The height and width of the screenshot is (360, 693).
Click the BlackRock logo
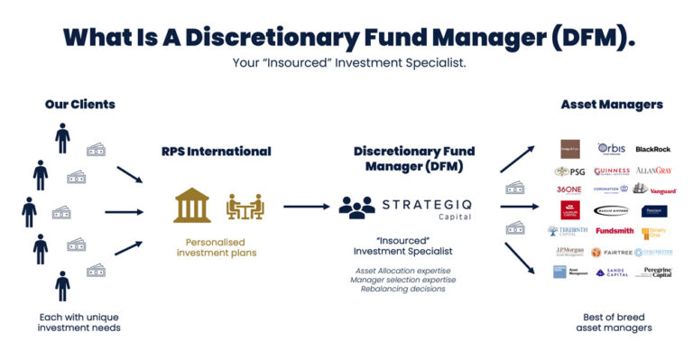[653, 149]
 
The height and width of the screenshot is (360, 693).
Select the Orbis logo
[612, 148]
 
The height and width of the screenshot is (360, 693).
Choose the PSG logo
[569, 171]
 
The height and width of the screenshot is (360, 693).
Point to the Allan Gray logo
[654, 170]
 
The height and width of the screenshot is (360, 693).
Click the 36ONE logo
[569, 189]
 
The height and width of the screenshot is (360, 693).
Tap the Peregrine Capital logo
[656, 272]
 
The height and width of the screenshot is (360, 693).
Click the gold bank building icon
[192, 206]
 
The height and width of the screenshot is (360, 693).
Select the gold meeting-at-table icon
[244, 207]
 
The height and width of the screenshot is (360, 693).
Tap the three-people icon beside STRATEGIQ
[356, 207]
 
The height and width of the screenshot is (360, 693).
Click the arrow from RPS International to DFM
[306, 207]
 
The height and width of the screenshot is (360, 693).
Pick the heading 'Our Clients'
[80, 105]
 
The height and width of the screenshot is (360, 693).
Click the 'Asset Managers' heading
[612, 105]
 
